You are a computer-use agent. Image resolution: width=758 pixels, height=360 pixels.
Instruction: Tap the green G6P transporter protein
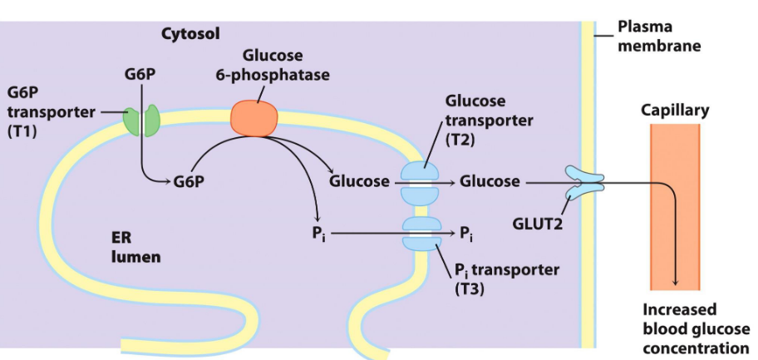[141, 120]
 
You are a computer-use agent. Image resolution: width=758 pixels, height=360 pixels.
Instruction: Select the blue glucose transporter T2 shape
[423, 181]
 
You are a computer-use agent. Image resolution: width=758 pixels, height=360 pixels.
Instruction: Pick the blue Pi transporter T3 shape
[423, 234]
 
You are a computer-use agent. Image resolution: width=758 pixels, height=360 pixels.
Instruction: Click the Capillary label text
[675, 110]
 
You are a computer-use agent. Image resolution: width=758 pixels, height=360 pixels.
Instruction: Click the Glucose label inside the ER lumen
[359, 180]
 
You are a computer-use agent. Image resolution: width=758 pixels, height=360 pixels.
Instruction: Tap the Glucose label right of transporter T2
[490, 180]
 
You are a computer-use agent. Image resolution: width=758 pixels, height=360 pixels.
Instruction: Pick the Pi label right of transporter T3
[465, 234]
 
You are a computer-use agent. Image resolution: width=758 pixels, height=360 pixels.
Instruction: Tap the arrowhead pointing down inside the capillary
[675, 284]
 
